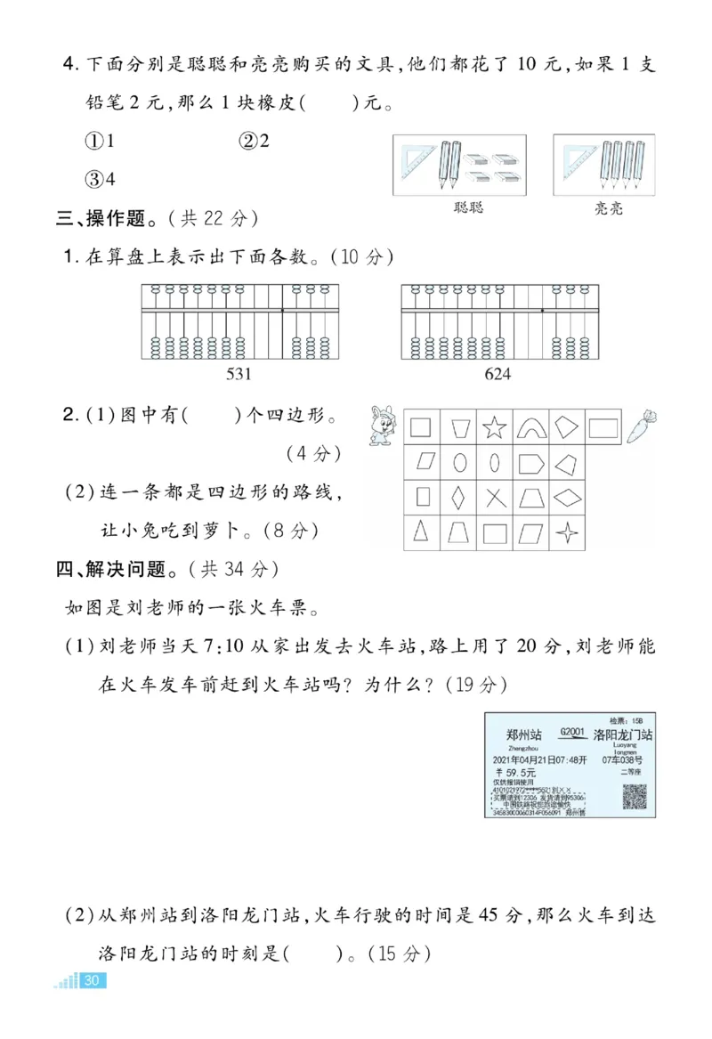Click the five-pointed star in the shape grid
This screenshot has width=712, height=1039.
coord(494,427)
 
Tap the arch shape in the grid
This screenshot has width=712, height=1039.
coord(531,427)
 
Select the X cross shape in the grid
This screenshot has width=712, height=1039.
coord(494,497)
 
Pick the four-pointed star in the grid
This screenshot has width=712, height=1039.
coord(568,532)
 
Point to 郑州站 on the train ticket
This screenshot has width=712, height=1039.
coord(523,735)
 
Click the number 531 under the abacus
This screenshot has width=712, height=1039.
coord(240,374)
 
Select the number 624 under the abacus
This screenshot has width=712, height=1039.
coord(498,374)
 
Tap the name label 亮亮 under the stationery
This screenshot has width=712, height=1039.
coord(609,208)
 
